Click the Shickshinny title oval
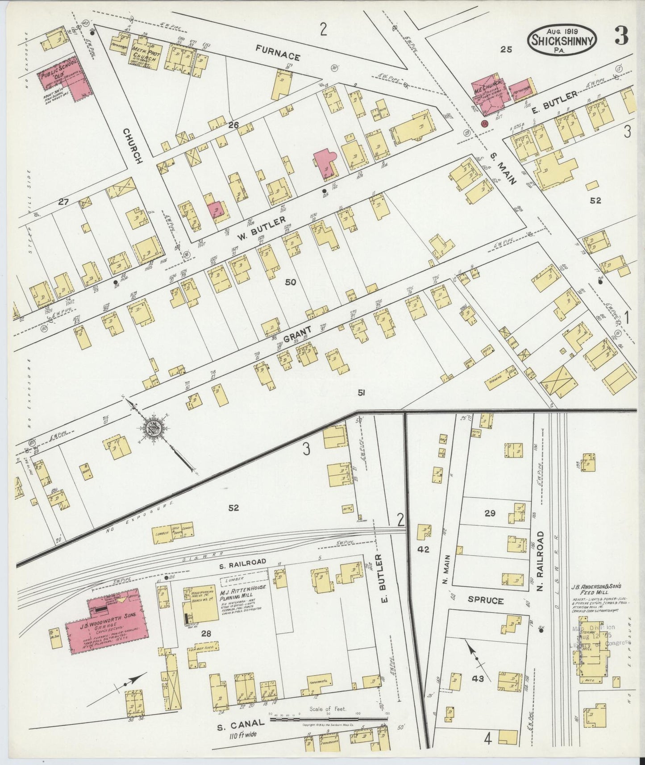click(x=562, y=39)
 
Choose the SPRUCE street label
click(x=486, y=600)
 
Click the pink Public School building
click(x=62, y=82)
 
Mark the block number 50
click(x=291, y=282)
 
